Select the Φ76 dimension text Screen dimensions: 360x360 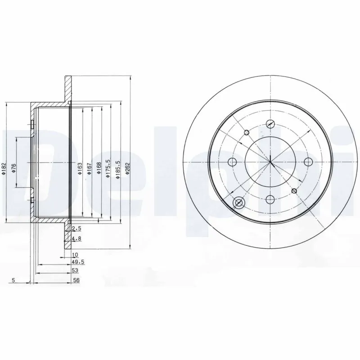coord(14,168)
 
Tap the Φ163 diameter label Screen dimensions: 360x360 coord(79,169)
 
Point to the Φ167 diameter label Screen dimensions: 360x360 coord(89,169)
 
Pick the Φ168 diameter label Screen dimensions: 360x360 coord(98,169)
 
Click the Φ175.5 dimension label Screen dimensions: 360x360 coord(108,169)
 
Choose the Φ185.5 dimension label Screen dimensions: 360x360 coord(117,169)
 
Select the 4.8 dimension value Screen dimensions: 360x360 coord(76,238)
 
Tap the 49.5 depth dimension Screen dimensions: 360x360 coord(77,261)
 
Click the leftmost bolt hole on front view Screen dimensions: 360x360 coord(232,162)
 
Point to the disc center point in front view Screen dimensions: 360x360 coord(270,162)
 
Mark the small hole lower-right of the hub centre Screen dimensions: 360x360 coord(294,191)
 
